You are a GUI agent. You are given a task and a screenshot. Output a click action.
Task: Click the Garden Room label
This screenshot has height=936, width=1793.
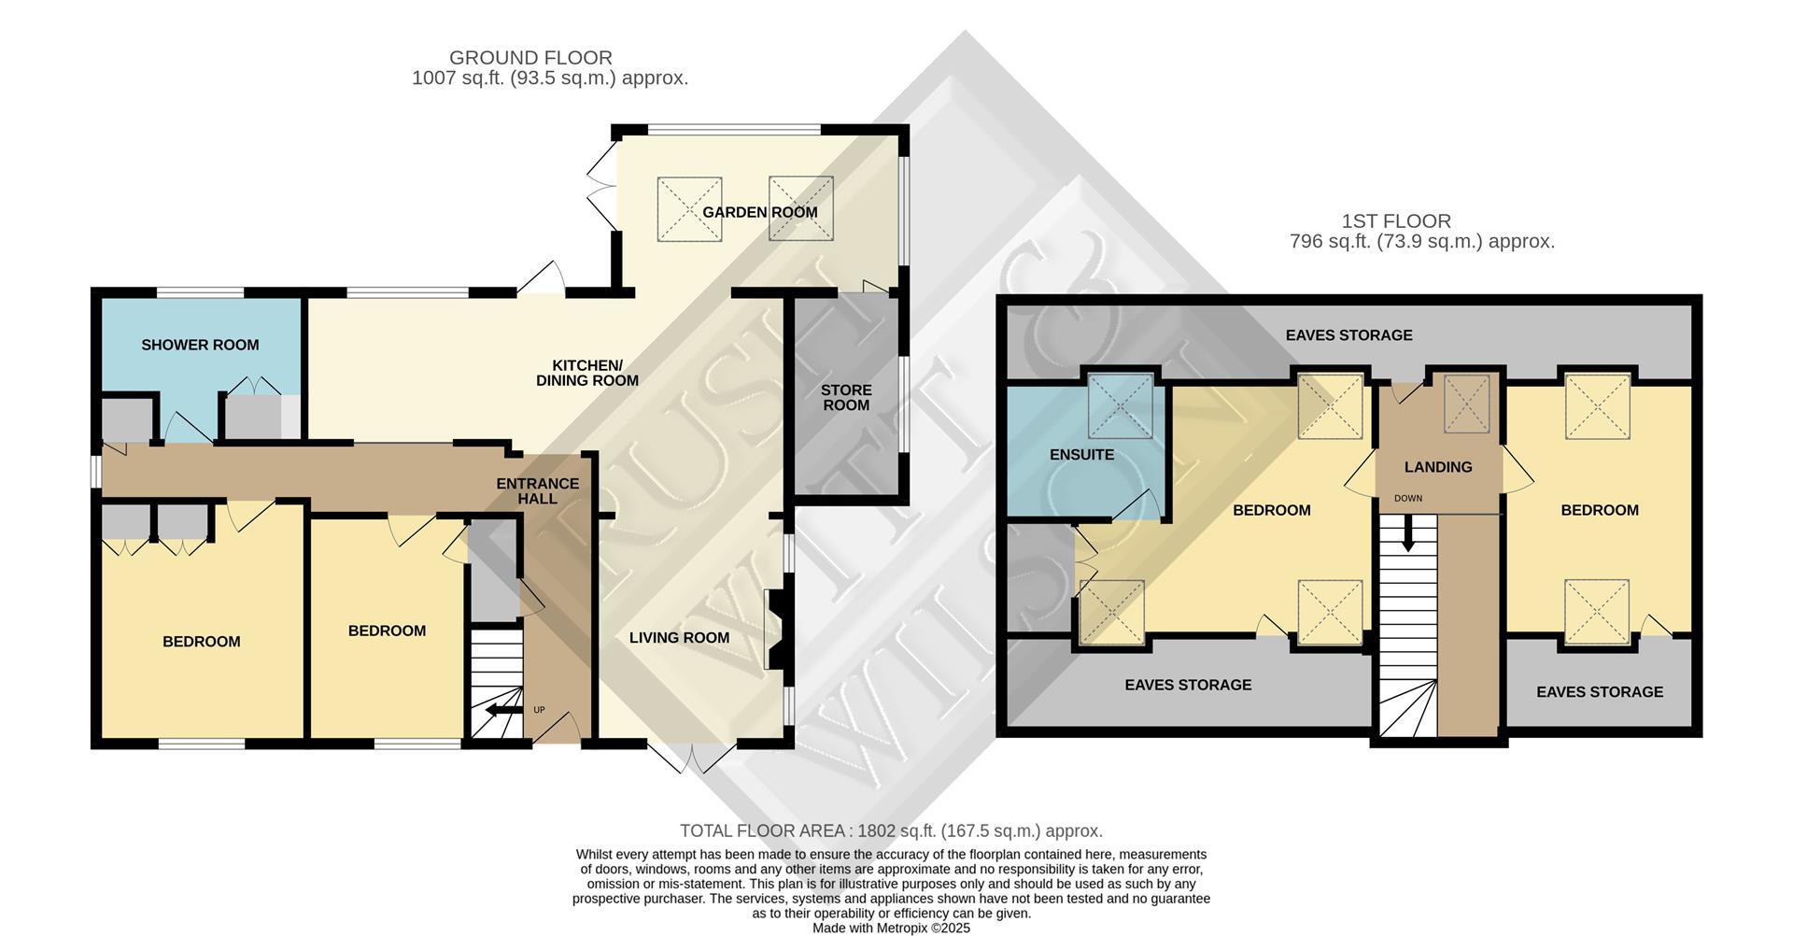pos(759,212)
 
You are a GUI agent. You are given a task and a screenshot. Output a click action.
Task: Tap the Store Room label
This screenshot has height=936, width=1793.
pos(846,397)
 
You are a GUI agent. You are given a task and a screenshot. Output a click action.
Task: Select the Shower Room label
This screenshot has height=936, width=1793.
pos(200,345)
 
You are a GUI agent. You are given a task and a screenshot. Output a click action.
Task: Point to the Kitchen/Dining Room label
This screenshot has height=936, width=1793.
pos(586,373)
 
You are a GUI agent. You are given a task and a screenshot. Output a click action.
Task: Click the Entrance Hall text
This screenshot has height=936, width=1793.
pos(537,490)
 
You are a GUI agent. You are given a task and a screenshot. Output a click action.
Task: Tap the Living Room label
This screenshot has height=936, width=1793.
pos(679,638)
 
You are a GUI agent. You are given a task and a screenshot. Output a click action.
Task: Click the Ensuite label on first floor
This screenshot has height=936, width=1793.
pos(1081,455)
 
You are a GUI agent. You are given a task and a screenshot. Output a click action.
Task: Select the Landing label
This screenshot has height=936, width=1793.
pos(1437,467)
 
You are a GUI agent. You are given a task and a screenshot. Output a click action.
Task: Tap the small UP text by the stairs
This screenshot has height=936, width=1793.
pos(539,710)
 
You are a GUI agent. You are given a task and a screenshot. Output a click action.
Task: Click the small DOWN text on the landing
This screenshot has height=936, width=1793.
pos(1407,498)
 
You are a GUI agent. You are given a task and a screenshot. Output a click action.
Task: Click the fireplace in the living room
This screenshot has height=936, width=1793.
pos(775,629)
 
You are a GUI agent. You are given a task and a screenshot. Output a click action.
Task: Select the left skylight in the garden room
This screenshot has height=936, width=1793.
pos(689,209)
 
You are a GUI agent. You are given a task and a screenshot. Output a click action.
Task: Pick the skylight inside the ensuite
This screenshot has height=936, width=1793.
pos(1121,405)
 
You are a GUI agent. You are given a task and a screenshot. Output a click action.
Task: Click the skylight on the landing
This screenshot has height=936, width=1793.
pos(1467,404)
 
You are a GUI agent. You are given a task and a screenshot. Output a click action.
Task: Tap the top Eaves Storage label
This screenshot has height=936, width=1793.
pos(1348,335)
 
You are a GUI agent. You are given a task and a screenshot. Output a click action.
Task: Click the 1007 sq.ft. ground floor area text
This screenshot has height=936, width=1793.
pos(549,78)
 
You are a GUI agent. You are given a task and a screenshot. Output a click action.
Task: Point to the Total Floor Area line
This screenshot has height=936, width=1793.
pos(891,830)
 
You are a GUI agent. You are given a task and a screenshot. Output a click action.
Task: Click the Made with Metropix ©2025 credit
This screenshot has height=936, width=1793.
pos(891,928)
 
